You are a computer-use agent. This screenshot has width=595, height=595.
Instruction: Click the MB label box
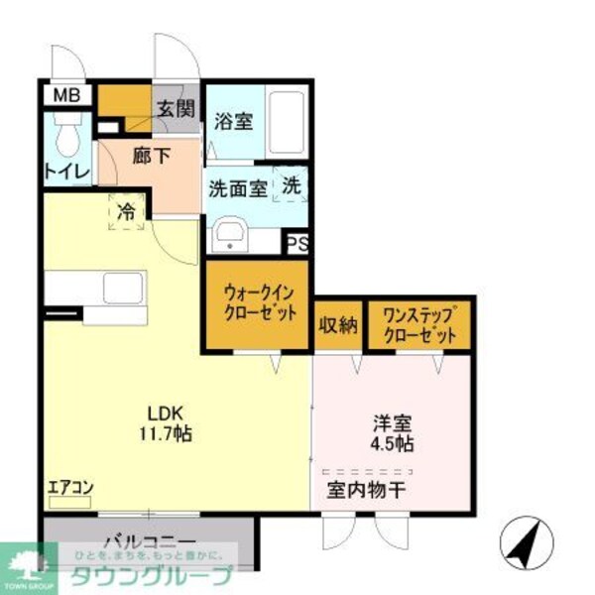(66, 96)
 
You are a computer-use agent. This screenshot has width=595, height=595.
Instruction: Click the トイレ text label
(66, 171)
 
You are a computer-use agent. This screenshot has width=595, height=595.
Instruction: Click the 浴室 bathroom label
(234, 124)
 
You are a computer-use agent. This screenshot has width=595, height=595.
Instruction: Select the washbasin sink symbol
(230, 236)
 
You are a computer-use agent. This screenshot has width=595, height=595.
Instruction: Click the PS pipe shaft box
(296, 243)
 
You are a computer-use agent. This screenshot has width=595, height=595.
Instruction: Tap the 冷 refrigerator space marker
(126, 211)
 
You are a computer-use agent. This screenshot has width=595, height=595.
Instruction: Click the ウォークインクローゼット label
(258, 303)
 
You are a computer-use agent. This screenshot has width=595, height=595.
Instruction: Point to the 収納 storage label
(338, 325)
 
